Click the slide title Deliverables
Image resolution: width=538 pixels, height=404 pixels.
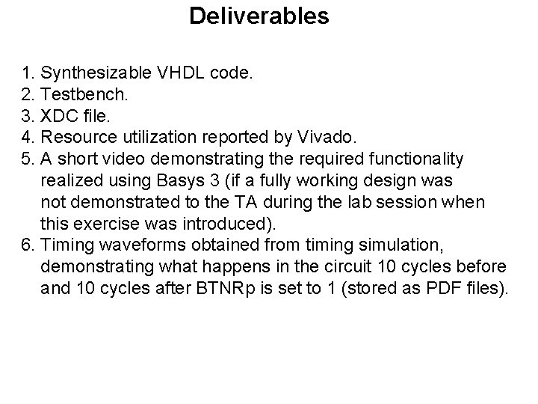(x=259, y=16)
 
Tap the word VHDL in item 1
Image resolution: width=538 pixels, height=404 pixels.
(x=173, y=73)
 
